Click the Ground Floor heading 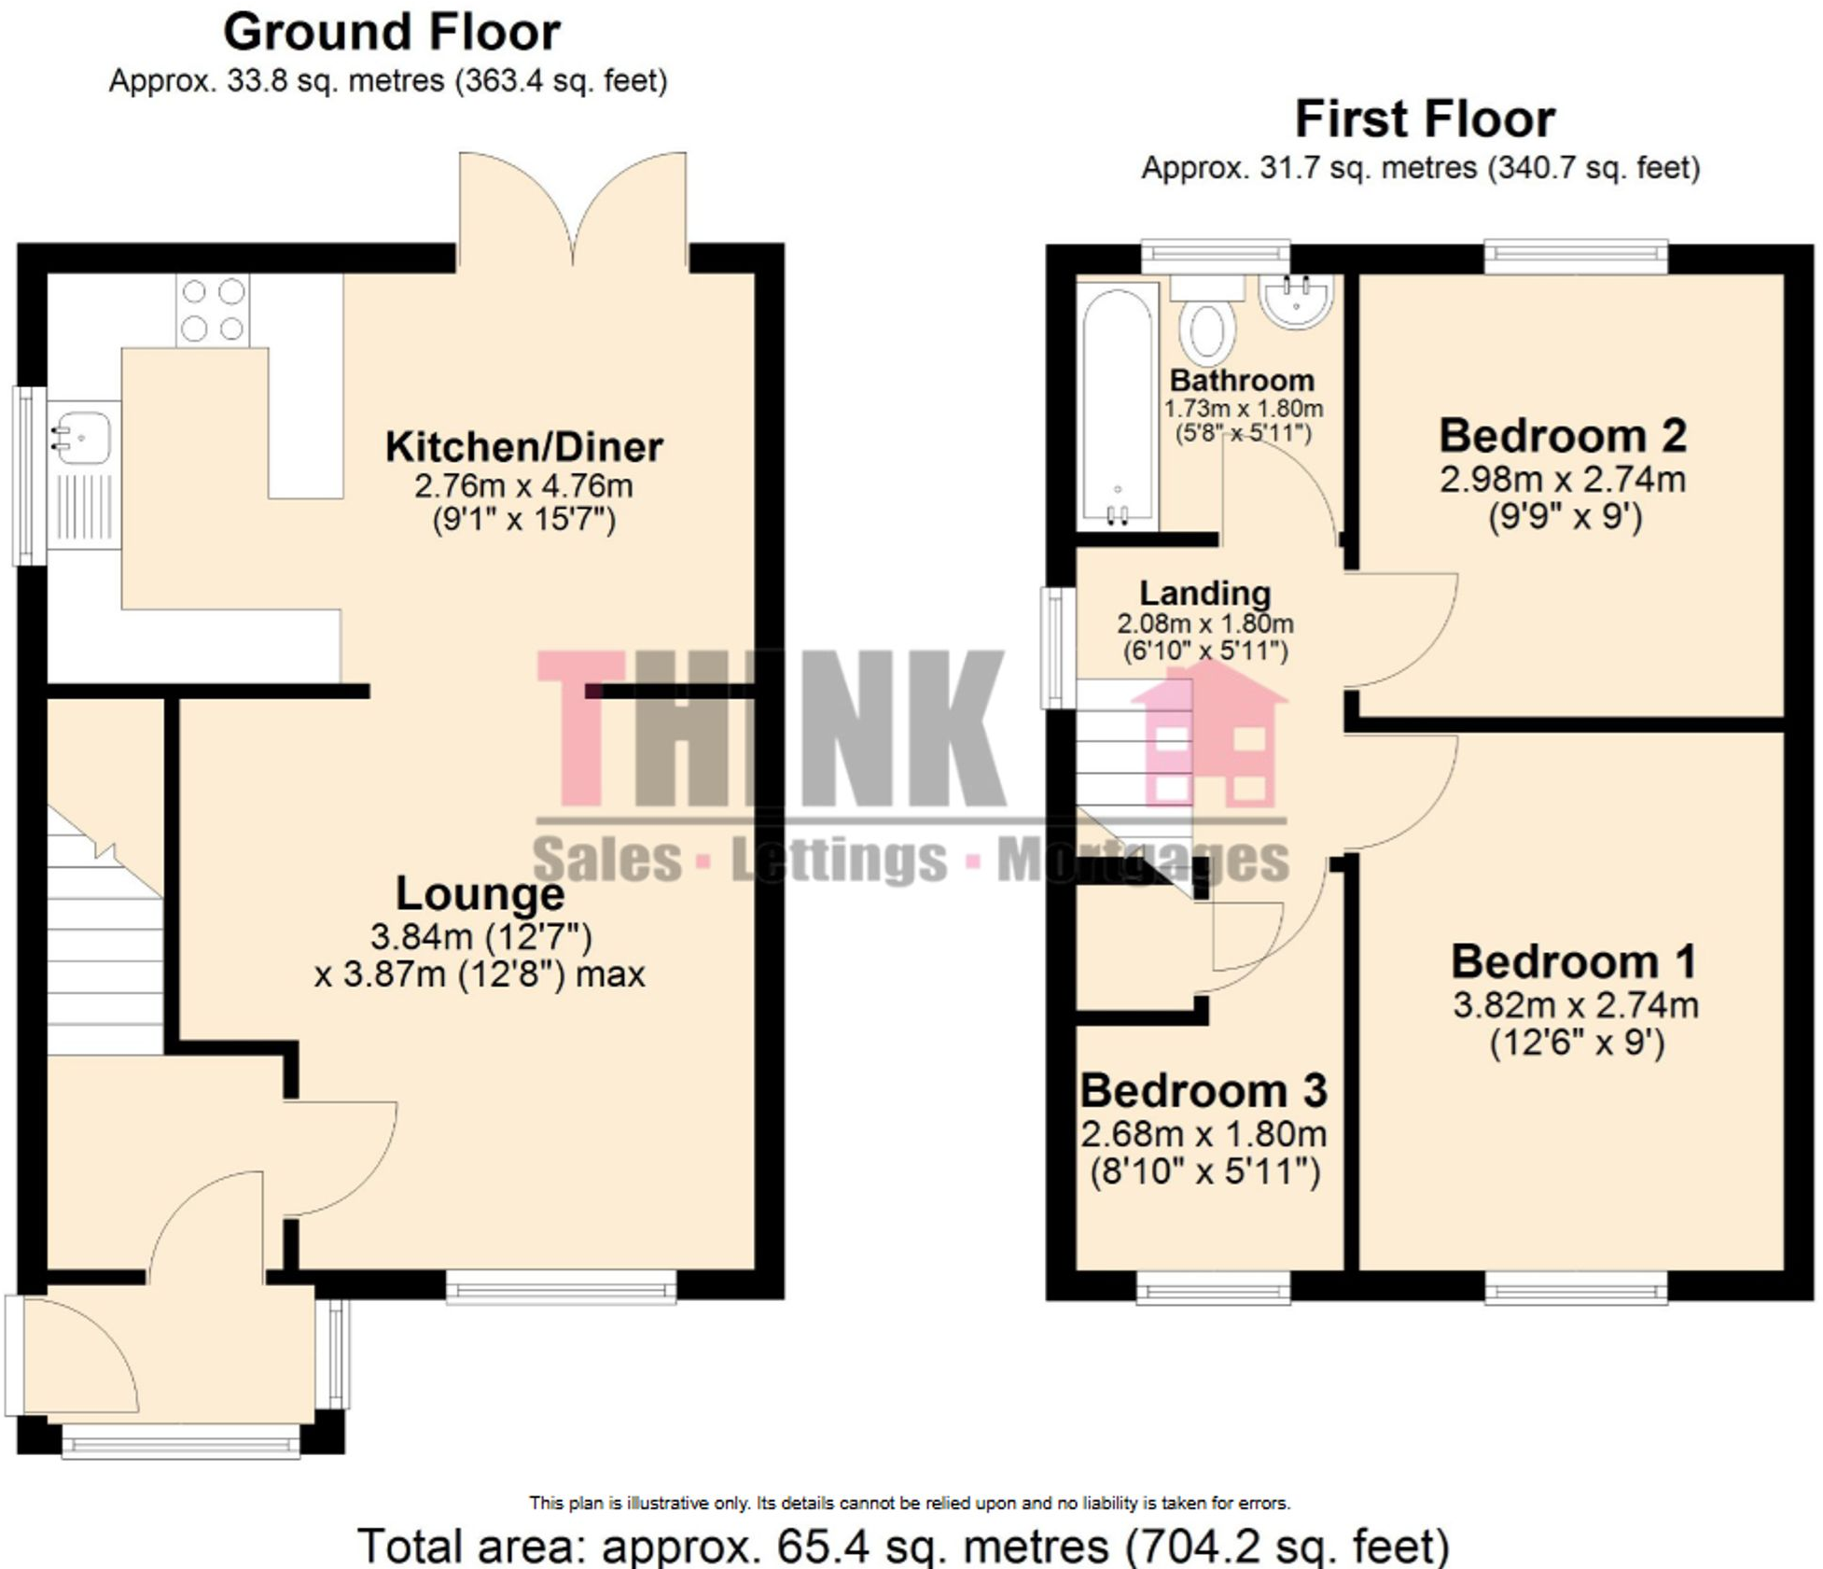tap(391, 33)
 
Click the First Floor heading tap(1424, 119)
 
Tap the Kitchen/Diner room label tap(523, 447)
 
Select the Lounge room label tap(480, 894)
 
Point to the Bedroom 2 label tap(1563, 436)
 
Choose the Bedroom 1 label tap(1573, 961)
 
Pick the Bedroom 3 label tap(1204, 1090)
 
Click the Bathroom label tap(1242, 381)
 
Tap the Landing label tap(1204, 594)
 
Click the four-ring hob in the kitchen tap(213, 310)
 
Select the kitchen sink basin tap(82, 437)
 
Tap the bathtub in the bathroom tap(1118, 406)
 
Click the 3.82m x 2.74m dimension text tap(1575, 1005)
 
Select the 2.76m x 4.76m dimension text tap(523, 486)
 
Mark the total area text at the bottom tap(903, 1546)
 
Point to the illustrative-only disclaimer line tap(910, 1503)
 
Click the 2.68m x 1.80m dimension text tap(1204, 1134)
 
